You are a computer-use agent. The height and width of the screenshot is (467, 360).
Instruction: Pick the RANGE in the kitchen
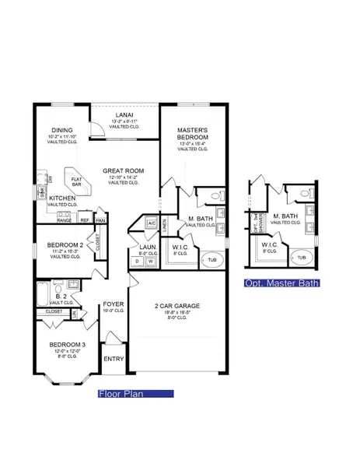pos(64,220)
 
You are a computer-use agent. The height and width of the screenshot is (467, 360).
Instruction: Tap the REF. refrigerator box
pos(84,220)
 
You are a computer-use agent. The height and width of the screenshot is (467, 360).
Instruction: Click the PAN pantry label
pos(100,220)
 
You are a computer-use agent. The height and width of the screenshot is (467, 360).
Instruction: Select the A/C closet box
pos(152,223)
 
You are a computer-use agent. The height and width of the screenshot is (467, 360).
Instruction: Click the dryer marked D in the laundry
pos(138,261)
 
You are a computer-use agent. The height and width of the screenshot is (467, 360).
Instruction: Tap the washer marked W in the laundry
pos(149,261)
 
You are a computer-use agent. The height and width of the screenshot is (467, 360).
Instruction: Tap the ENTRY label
pos(113,359)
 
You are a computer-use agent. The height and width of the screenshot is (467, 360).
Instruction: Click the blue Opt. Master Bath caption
pos(281,283)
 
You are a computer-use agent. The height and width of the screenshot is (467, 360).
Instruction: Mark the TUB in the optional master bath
pos(302,256)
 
